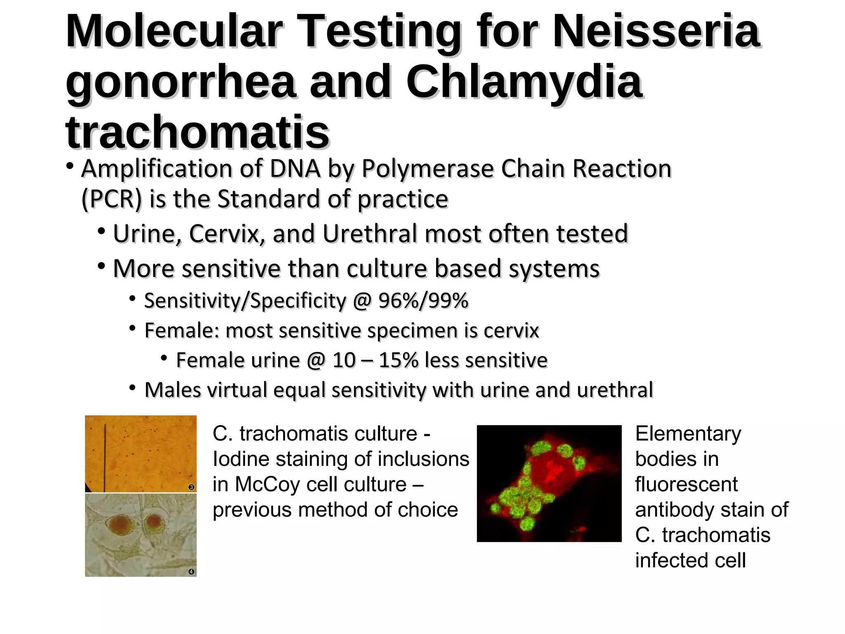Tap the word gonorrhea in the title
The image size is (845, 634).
180,83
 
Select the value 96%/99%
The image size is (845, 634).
423,300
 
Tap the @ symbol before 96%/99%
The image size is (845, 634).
362,300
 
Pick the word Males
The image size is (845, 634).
173,390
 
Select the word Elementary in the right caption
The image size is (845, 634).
688,434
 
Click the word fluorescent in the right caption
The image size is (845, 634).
686,485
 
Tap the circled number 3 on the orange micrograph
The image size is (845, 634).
191,487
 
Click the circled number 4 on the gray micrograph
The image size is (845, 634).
191,572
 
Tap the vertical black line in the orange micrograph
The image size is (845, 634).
105,454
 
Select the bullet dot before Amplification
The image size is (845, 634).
70,167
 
